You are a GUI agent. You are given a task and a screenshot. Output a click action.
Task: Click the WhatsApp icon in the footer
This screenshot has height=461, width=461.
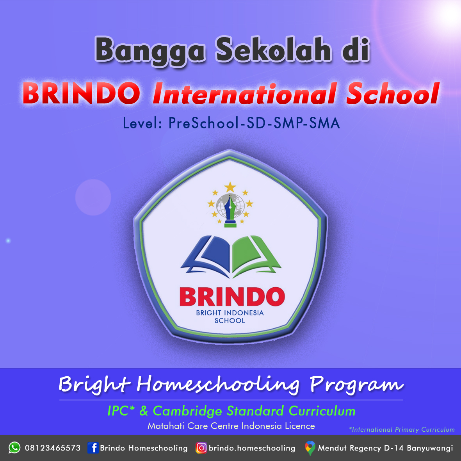[14, 448]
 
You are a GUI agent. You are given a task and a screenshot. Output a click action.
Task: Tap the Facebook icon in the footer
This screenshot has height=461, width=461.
[93, 448]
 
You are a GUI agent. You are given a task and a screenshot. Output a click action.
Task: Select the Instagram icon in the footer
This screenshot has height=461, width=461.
[201, 448]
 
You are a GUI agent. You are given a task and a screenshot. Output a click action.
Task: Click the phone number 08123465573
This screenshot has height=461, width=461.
[53, 448]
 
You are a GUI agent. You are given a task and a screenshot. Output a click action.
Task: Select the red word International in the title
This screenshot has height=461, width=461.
[244, 94]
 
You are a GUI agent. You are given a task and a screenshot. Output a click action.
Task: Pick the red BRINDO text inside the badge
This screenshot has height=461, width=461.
[232, 297]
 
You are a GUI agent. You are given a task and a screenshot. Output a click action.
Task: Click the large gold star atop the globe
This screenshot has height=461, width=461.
[230, 187]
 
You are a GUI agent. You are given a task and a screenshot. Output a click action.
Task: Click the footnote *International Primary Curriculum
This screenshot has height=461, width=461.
[402, 429]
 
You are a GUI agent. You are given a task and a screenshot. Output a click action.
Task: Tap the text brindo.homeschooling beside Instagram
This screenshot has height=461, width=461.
[252, 448]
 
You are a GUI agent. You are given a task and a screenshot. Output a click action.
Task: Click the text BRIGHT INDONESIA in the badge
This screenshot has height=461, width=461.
[230, 313]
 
